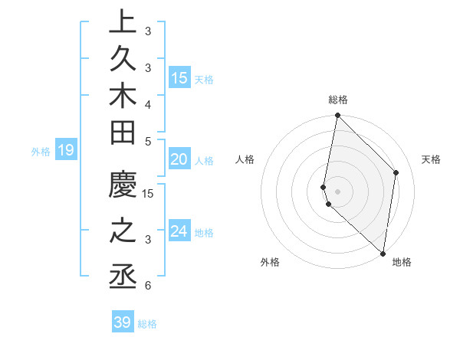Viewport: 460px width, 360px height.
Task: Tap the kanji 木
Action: point(123,100)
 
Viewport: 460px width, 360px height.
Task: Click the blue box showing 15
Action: point(179,78)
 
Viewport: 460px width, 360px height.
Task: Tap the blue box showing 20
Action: point(179,160)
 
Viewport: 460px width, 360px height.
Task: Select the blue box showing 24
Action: point(179,231)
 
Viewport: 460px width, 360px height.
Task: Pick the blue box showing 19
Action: point(66,151)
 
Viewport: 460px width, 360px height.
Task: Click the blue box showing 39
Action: point(123,322)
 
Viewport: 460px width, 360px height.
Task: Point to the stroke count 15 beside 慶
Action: point(149,194)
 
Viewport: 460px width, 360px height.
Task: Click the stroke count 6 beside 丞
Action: point(148,286)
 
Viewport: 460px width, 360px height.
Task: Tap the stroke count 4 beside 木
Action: point(148,104)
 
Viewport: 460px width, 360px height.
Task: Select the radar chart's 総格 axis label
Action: point(337,100)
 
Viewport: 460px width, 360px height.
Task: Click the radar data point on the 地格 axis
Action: point(383,254)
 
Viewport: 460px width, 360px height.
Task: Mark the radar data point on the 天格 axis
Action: point(396,172)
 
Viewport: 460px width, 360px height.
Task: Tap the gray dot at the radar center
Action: point(337,191)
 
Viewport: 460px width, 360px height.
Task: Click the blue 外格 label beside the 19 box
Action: point(41,152)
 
